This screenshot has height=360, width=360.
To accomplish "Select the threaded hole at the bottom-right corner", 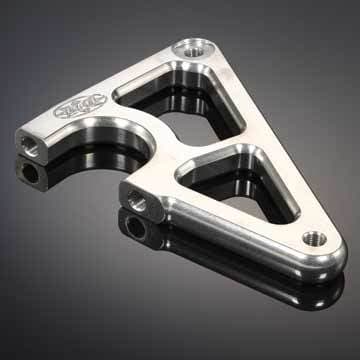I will (312, 238).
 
